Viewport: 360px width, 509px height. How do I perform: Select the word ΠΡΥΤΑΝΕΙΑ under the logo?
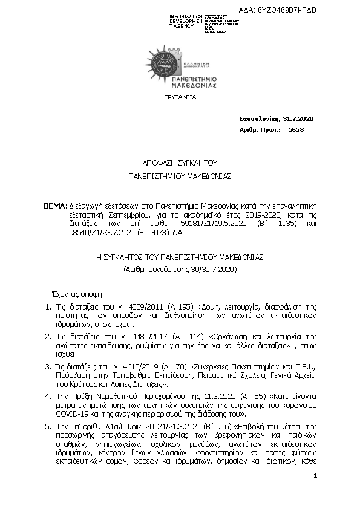180,97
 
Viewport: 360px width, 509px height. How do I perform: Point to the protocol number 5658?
296,129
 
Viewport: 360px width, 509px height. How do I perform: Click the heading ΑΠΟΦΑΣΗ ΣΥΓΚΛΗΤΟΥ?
180,163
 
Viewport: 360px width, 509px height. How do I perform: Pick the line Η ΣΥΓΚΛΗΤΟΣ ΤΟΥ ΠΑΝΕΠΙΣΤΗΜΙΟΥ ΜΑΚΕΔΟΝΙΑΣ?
180,256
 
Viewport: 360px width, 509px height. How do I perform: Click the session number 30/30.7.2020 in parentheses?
205,268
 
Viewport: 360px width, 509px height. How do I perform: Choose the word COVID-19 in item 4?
73,414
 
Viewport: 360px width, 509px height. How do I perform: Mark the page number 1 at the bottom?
316,476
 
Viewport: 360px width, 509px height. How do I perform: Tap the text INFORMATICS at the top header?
186,16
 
